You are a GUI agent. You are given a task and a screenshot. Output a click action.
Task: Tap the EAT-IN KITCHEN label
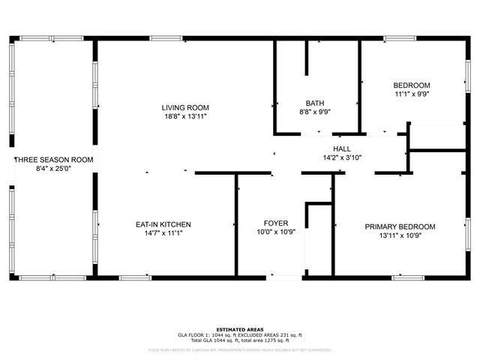[163, 224]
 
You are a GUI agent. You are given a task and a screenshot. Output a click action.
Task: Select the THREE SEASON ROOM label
[53, 159]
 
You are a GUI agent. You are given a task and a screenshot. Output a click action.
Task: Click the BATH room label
[315, 103]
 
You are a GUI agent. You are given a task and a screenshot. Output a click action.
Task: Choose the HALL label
[342, 149]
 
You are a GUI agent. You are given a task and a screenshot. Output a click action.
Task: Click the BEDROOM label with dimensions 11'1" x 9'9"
[412, 85]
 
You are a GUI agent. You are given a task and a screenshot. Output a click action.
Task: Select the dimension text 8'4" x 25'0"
[53, 169]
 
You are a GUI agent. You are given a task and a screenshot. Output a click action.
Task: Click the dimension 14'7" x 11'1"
[163, 233]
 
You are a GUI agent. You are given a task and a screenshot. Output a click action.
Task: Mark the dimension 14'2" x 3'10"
[342, 157]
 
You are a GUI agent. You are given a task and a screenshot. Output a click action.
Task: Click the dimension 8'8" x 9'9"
[315, 112]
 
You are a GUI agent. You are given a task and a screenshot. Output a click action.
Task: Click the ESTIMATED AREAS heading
[240, 329]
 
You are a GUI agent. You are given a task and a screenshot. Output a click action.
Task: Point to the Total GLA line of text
[240, 341]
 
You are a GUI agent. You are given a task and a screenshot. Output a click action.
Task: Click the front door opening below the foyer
[283, 277]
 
